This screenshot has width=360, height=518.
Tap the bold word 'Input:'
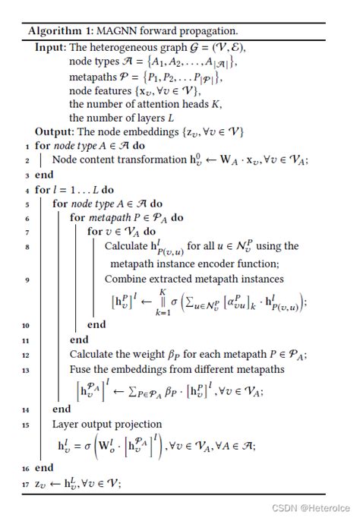[50, 47]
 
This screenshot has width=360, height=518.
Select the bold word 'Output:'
[55, 132]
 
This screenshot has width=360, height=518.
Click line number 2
[28, 160]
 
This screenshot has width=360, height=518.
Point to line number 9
[28, 280]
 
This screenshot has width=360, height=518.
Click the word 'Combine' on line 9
[126, 280]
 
